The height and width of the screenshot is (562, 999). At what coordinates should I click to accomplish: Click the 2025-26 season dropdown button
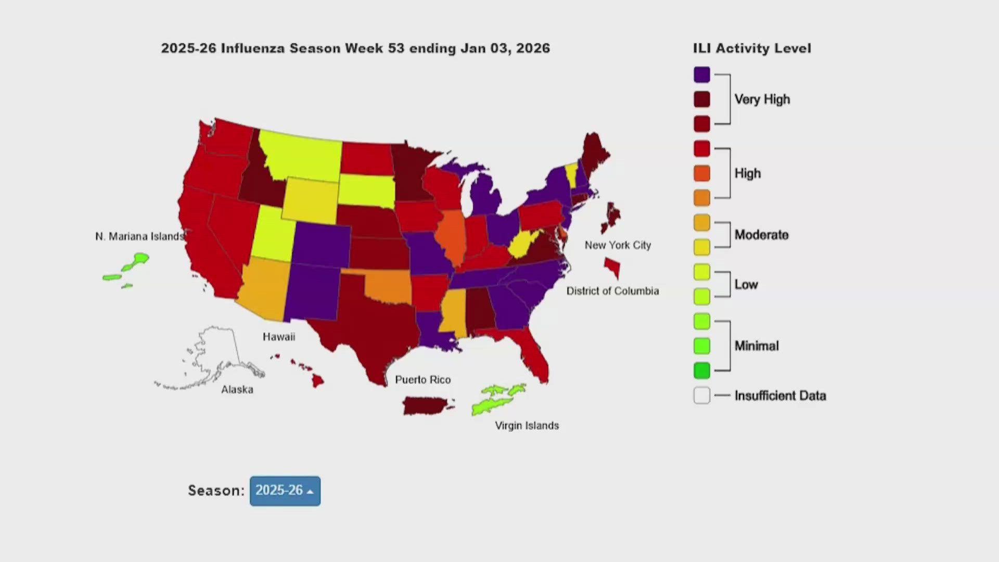(x=285, y=491)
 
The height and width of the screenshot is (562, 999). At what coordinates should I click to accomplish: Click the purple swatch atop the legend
(x=701, y=74)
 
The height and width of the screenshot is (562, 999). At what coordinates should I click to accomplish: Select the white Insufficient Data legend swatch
(x=701, y=395)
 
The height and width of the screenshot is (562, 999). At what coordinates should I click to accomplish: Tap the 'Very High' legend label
(x=762, y=99)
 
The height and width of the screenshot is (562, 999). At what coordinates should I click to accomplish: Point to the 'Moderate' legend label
(x=761, y=235)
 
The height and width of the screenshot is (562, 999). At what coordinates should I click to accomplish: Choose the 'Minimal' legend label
(x=757, y=346)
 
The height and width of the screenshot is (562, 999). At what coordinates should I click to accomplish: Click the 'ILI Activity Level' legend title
(x=751, y=48)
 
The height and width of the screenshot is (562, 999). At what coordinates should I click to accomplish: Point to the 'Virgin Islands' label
(x=527, y=426)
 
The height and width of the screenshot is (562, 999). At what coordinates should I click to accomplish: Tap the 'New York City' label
(x=618, y=245)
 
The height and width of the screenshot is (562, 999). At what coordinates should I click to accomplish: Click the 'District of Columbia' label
(x=612, y=291)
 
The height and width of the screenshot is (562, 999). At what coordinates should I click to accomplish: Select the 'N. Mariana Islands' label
(x=139, y=236)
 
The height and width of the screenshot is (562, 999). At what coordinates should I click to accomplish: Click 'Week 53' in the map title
(x=374, y=48)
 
